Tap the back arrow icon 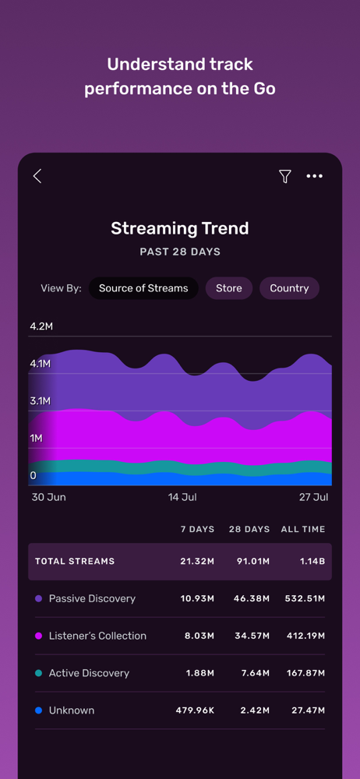37,176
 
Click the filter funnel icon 284,176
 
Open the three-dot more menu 314,176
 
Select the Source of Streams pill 143,288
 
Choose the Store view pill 229,288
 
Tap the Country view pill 289,288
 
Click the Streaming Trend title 179,228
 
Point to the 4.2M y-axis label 41,326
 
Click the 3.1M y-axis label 41,401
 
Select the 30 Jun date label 49,497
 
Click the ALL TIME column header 303,529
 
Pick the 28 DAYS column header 249,529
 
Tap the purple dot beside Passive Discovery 39,598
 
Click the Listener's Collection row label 97,636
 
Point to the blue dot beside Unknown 39,710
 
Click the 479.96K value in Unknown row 196,710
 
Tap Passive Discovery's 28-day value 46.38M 252,598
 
